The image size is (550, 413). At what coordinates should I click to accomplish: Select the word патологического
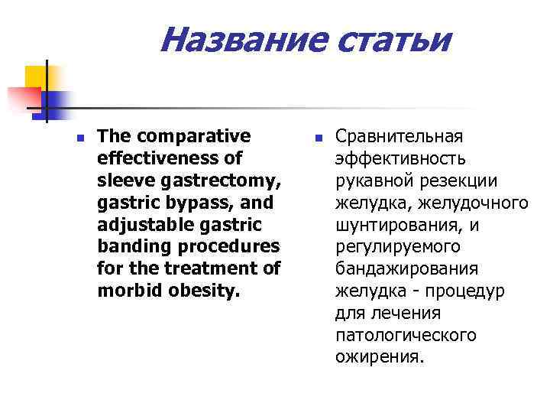tap(406, 336)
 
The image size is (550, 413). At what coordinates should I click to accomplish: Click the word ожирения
tap(378, 358)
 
